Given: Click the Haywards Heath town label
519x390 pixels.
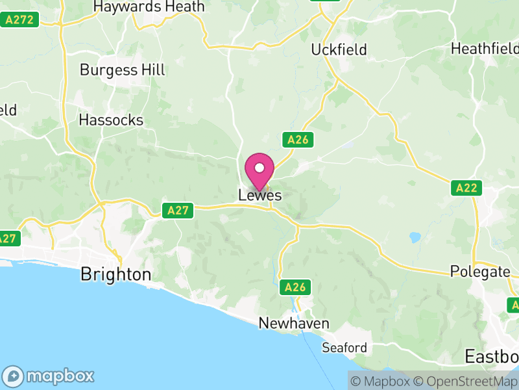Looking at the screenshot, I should pos(149,7).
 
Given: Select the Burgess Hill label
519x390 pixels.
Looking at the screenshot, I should pos(122,70).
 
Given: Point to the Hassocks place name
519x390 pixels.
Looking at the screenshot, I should pos(110,120).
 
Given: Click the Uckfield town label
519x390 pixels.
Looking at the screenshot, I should pos(339,49).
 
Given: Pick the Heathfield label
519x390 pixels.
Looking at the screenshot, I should pos(485,49).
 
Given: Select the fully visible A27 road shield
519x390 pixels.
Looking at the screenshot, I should pos(178,210).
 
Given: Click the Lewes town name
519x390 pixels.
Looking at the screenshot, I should pos(259,195).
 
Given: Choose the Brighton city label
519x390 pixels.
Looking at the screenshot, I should pos(115,274).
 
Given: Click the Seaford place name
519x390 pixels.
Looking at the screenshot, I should pos(344,348).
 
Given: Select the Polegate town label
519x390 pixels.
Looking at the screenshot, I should pos(480,272).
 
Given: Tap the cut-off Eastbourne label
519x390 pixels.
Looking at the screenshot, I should pos(492,356).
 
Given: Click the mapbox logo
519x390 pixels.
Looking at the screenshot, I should pos(49,376).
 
